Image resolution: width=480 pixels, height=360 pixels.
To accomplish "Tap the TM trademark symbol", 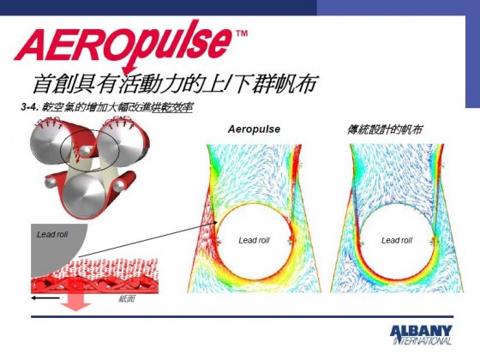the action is tap(242, 33).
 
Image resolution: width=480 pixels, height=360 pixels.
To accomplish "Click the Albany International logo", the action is tap(422, 334).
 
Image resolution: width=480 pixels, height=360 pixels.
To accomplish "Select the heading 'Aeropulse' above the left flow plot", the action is tap(254, 129).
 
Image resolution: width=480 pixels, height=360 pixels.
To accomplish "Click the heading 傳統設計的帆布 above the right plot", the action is tap(385, 129).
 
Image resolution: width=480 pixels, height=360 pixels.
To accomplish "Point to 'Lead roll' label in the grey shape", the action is tap(52, 235).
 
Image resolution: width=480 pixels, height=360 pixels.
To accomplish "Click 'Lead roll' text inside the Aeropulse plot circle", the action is tap(254, 240).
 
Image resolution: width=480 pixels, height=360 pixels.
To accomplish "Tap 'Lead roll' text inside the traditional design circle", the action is tap(397, 240).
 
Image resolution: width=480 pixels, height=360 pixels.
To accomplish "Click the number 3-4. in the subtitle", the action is tap(30, 107).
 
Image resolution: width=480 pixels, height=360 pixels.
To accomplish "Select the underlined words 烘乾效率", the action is tap(172, 107).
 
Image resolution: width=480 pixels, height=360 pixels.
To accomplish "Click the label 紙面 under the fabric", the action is tap(127, 299).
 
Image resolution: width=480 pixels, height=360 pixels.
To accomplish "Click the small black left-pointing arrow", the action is tap(45, 298).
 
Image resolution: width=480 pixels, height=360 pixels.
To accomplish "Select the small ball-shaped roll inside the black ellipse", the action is tap(84, 150).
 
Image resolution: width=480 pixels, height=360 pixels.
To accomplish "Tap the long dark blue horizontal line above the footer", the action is tap(242, 317).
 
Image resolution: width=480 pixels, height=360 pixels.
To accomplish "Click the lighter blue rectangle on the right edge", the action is tap(472, 61).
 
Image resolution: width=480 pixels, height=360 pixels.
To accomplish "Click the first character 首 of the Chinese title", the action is tap(42, 84).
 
